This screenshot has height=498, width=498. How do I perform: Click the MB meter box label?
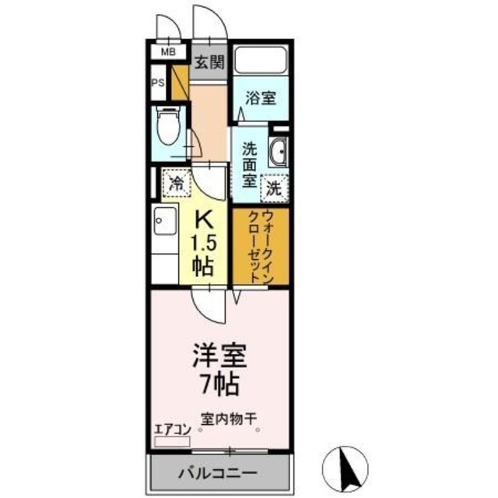[167, 53]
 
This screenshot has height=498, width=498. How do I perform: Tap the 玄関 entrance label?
[209, 61]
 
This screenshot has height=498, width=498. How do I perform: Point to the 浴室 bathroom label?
[259, 97]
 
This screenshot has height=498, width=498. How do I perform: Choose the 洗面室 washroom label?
[249, 163]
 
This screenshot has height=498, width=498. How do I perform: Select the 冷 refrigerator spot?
[177, 185]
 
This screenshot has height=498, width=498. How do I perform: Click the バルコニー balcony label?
[219, 472]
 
